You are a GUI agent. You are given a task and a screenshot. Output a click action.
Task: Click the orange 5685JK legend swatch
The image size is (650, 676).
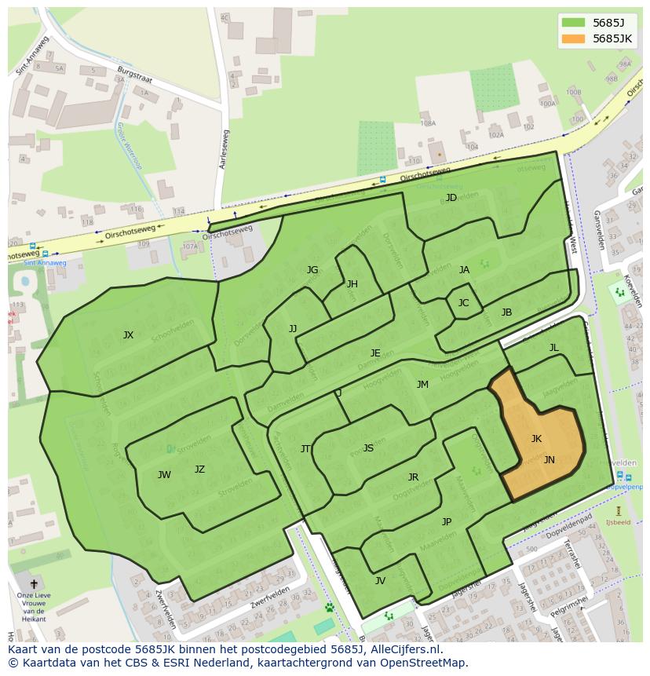574,38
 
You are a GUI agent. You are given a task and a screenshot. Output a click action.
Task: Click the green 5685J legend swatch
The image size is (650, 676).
574,23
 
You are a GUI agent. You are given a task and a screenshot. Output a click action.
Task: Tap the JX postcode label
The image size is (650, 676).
128,335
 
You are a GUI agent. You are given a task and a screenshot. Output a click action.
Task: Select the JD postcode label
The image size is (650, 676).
451,197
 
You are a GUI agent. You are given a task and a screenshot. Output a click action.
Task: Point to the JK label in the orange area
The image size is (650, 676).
536,439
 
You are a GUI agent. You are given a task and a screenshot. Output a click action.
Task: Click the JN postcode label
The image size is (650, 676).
549,460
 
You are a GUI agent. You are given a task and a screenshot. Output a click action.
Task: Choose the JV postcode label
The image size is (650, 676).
380,581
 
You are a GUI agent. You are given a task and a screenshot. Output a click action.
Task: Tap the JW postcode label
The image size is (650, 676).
164,475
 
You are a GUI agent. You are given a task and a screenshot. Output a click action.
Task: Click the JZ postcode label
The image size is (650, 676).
199,470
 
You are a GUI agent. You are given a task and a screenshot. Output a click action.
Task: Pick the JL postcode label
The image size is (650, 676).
553,348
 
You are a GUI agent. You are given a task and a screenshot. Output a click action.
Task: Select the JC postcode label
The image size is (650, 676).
463,303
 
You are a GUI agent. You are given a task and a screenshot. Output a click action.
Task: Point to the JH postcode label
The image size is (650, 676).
352,284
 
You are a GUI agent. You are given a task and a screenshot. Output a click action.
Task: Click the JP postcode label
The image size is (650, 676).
446,522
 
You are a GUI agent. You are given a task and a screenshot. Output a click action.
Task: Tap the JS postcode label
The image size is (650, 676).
368,448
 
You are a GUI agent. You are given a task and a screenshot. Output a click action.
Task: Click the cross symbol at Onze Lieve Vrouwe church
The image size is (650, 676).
33,584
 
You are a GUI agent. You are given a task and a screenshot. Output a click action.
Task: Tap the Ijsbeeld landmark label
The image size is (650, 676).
618,522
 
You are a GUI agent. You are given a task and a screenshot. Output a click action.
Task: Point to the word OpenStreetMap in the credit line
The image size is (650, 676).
427,663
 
